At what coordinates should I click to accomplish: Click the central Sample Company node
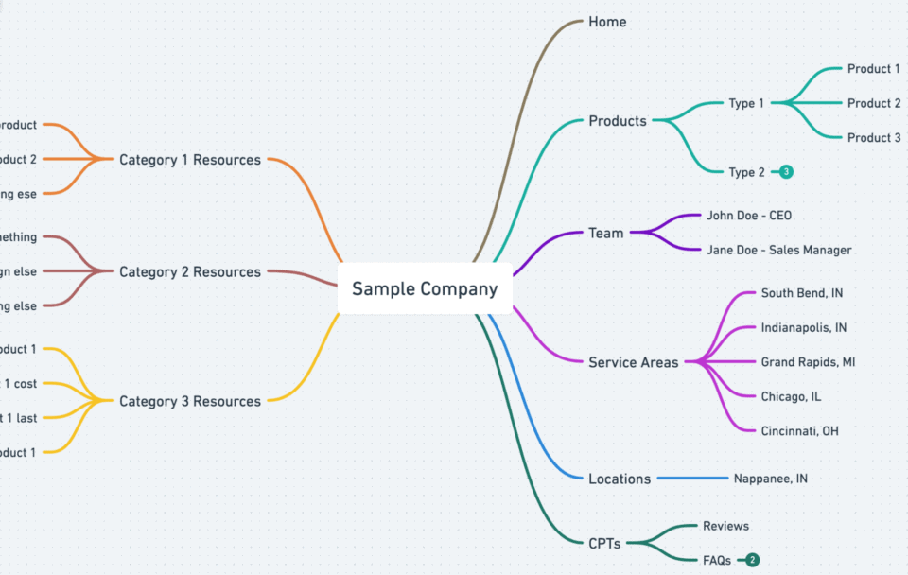click(425, 288)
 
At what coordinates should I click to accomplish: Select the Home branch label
click(607, 22)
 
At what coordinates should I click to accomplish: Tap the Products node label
click(618, 121)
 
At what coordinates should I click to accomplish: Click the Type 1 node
click(746, 103)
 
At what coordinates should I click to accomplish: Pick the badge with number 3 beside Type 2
click(786, 172)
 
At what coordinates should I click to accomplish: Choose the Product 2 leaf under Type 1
click(874, 103)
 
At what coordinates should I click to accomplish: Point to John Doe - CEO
click(749, 216)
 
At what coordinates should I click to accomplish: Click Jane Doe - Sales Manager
click(778, 250)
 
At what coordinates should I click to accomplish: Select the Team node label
click(606, 233)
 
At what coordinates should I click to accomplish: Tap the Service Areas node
click(633, 362)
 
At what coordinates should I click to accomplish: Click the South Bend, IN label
click(802, 293)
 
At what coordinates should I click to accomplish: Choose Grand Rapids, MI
click(808, 362)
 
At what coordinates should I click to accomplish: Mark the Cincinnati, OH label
click(800, 431)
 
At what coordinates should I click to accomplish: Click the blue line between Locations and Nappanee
click(691, 479)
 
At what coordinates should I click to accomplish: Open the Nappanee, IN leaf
click(771, 479)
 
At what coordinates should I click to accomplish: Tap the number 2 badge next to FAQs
click(752, 560)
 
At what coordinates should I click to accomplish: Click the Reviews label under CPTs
click(725, 526)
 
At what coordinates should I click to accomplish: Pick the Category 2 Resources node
click(190, 272)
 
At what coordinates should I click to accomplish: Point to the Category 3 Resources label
click(190, 402)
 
